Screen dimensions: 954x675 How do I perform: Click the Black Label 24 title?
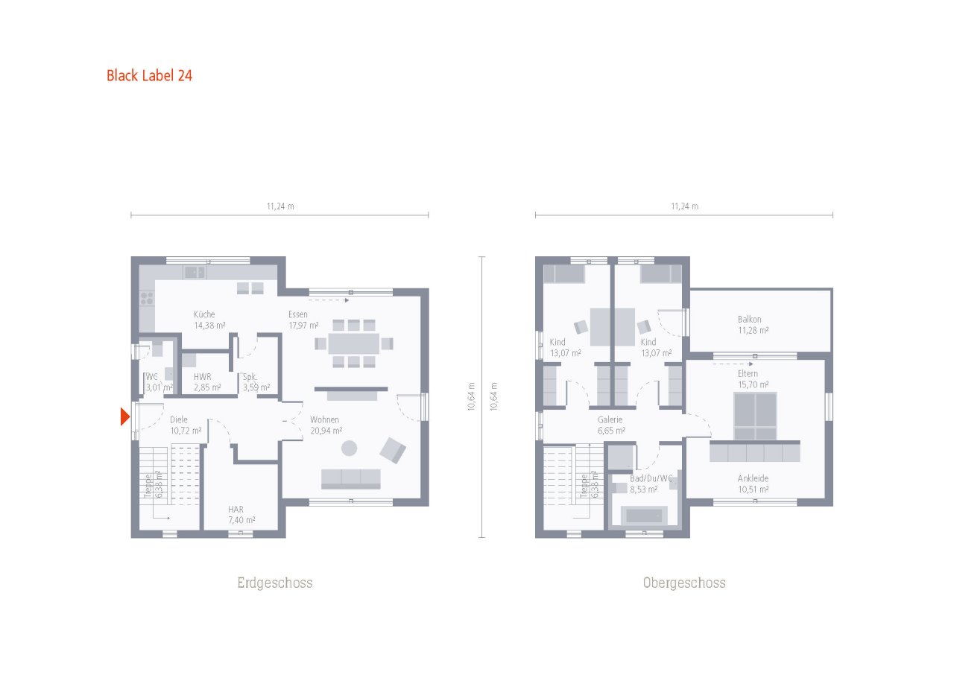[x=149, y=76]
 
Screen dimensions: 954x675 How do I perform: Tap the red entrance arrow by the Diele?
[x=124, y=416]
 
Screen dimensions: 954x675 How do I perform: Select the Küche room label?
[x=204, y=314]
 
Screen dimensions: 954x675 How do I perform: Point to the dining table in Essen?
[x=353, y=343]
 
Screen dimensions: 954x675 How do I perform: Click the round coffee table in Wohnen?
[x=350, y=449]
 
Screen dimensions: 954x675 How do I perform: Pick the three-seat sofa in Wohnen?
[x=350, y=479]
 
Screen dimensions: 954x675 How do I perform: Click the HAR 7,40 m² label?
[x=241, y=515]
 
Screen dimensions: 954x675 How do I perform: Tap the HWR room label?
[x=202, y=377]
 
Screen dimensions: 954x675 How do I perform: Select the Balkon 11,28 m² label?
[x=753, y=324]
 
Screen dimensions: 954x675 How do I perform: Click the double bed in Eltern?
[x=755, y=416]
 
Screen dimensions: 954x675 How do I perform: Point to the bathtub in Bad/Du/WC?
[x=644, y=516]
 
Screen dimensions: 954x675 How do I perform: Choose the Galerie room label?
[x=610, y=419]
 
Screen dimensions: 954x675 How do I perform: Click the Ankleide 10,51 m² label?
[x=753, y=484]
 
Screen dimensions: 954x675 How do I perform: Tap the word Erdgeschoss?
[x=275, y=583]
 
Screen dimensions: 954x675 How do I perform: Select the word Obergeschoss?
[x=684, y=583]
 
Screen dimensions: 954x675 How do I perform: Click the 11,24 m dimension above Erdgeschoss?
[x=280, y=206]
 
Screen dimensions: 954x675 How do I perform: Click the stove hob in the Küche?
[x=147, y=297]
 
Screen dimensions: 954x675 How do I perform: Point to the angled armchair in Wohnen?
[x=393, y=450]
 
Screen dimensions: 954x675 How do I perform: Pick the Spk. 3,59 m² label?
[x=256, y=382]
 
